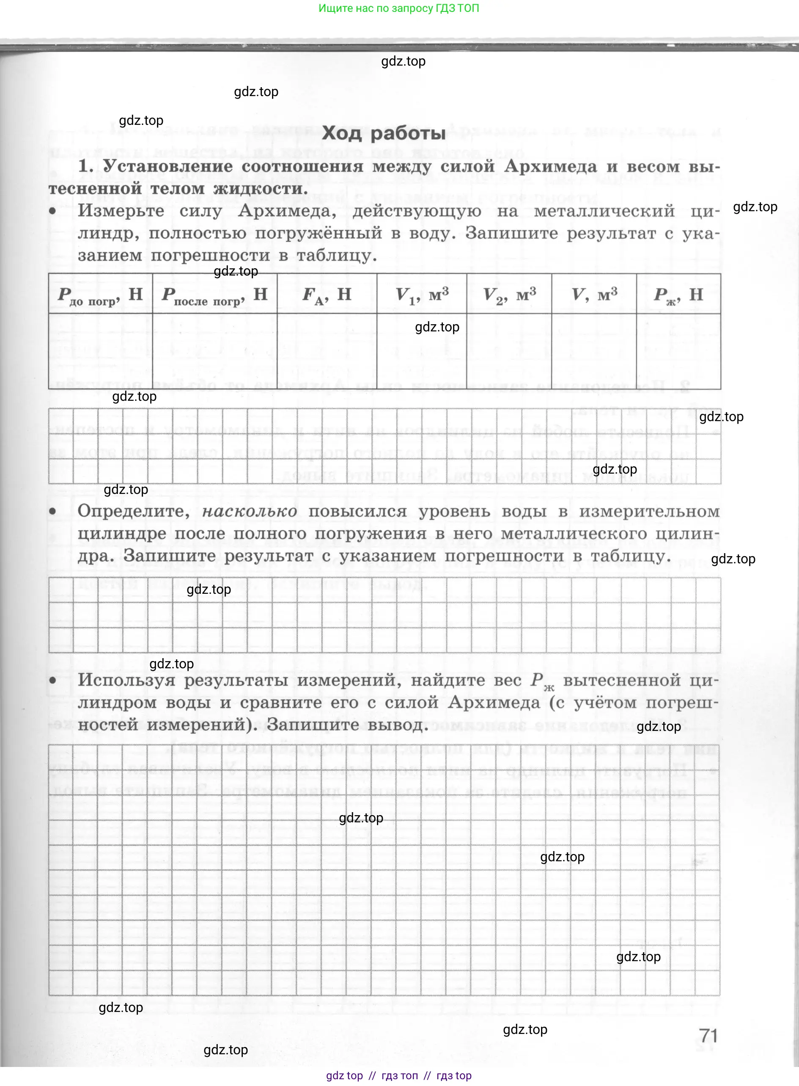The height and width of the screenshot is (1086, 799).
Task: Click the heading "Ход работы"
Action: click(x=384, y=132)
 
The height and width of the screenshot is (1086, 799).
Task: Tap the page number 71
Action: click(x=708, y=1036)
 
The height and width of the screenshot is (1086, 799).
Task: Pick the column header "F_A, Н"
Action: click(x=327, y=294)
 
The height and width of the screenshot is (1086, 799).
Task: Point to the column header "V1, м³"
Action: click(x=422, y=294)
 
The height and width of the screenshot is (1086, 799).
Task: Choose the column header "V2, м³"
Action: click(x=509, y=294)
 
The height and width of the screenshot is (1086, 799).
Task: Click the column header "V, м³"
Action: click(x=594, y=294)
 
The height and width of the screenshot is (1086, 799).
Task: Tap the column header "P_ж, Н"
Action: click(x=678, y=294)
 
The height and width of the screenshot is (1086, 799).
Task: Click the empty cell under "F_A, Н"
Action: click(x=327, y=351)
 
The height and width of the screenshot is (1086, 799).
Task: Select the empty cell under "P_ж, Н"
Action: click(x=678, y=351)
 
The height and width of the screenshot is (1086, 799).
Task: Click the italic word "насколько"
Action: click(x=250, y=511)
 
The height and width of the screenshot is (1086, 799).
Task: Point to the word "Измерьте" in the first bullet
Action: click(x=121, y=211)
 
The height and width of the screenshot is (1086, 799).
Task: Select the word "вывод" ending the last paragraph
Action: click(x=397, y=725)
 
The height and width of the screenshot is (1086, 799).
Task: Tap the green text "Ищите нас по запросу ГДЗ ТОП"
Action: click(x=398, y=8)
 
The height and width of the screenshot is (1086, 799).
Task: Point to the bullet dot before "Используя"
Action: click(x=53, y=681)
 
